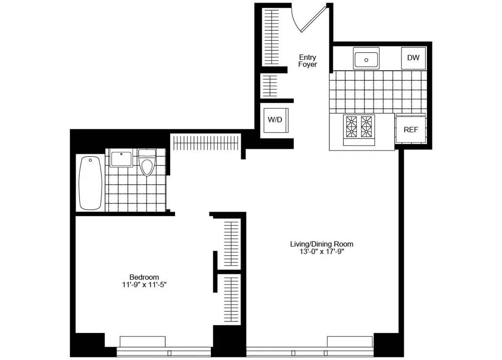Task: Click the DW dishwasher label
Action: pyautogui.click(x=413, y=58)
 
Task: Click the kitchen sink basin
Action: pyautogui.click(x=366, y=59)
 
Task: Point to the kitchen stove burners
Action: pyautogui.click(x=359, y=126)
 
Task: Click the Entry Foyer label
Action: pyautogui.click(x=307, y=61)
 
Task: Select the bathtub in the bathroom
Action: pyautogui.click(x=91, y=183)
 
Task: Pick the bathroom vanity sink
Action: pyautogui.click(x=121, y=159)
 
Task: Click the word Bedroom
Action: pyautogui.click(x=144, y=277)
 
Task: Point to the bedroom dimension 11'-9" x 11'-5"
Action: pyautogui.click(x=144, y=284)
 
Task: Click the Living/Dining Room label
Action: pyautogui.click(x=322, y=244)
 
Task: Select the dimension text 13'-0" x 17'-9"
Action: pyautogui.click(x=322, y=252)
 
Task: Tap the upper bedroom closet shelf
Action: pyautogui.click(x=231, y=243)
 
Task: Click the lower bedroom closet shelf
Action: pyautogui.click(x=231, y=298)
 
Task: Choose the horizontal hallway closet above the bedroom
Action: pyautogui.click(x=206, y=143)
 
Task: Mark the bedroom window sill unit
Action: pyautogui.click(x=143, y=341)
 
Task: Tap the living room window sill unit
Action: pyautogui.click(x=350, y=341)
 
